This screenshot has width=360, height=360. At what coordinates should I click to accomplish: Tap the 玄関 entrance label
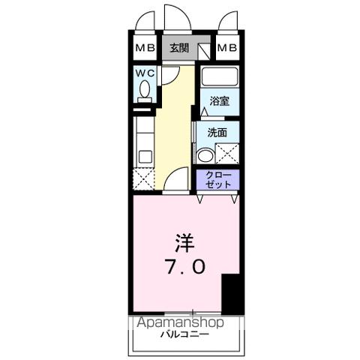(178, 49)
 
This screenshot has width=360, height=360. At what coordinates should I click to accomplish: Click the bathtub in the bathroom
(219, 76)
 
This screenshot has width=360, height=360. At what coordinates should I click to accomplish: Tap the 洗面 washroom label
(217, 133)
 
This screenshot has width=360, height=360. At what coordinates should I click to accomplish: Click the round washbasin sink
(204, 155)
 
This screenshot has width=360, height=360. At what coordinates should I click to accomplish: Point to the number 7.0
(186, 265)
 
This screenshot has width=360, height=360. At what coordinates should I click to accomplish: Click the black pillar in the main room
(232, 295)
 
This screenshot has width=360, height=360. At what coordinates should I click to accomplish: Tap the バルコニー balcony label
(184, 334)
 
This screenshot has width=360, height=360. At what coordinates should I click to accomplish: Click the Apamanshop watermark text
(180, 322)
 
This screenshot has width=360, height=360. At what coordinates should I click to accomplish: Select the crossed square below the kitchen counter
(143, 179)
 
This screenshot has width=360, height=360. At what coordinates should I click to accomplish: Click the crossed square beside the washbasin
(226, 154)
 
